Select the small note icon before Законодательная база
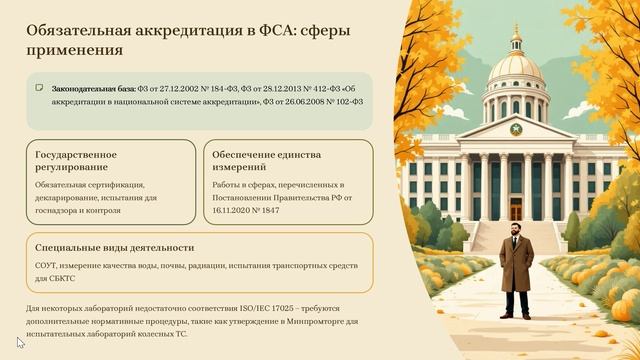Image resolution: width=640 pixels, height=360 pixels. tap(39, 88)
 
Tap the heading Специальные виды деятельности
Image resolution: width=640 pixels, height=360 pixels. tap(114, 247)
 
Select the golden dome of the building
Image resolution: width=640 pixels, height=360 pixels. tap(516, 68)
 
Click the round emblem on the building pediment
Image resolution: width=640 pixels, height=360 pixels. tap(516, 129)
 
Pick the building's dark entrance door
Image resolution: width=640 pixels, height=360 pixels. tap(516, 207)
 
